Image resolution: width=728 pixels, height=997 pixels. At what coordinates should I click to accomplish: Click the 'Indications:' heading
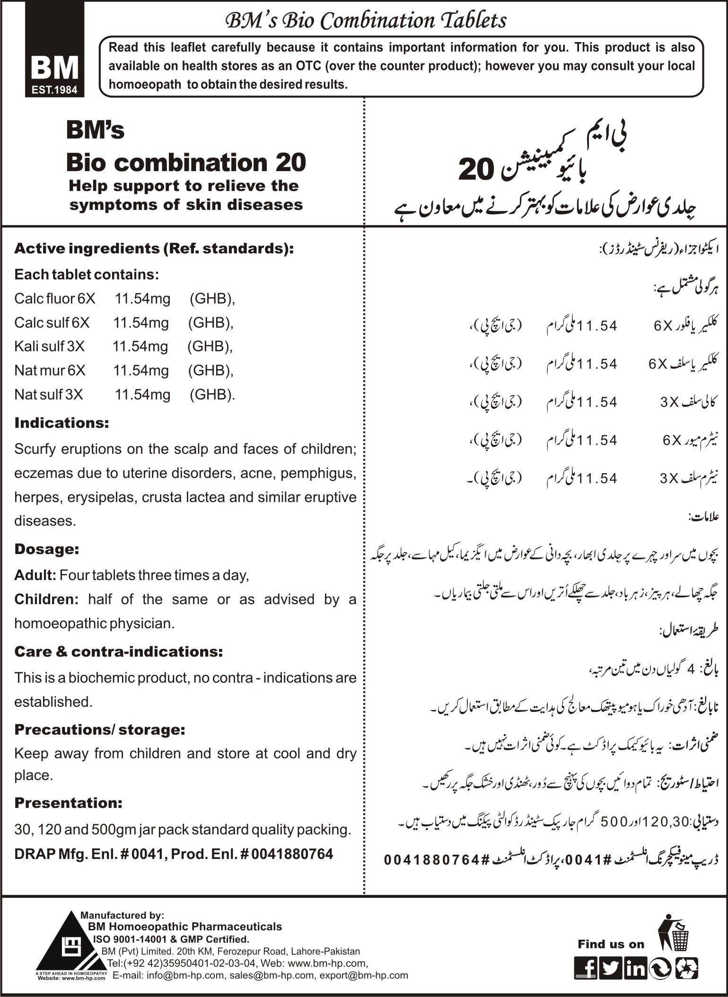point(61,423)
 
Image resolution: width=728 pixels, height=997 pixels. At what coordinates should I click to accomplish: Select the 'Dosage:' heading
point(46,549)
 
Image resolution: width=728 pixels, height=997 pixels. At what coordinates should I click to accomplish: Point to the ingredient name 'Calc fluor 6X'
point(54,299)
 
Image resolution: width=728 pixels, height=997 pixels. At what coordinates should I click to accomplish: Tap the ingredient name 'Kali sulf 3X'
point(49,347)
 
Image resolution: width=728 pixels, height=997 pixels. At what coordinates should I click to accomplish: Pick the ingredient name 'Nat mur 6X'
point(50,371)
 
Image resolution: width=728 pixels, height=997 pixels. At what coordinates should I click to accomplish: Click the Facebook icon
point(585,968)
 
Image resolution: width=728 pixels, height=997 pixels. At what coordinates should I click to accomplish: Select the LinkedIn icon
point(635,968)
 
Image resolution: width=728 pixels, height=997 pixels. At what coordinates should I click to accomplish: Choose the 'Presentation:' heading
point(68,803)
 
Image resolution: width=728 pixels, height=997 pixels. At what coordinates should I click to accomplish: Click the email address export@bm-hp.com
point(364,975)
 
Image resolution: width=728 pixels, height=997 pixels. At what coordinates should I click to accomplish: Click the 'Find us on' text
point(611,945)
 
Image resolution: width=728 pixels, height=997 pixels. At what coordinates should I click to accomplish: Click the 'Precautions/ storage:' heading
point(99,730)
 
